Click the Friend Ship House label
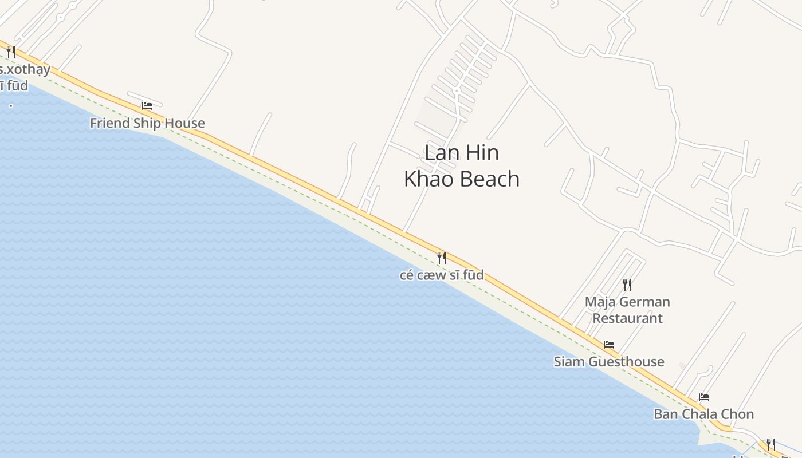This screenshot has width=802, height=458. point(147,123)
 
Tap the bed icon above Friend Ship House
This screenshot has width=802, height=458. point(147,106)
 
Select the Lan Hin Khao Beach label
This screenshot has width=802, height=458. point(462,165)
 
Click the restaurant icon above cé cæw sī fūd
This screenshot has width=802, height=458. point(442,258)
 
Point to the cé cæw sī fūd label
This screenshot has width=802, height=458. point(442,275)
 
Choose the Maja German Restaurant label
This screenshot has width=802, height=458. point(627,310)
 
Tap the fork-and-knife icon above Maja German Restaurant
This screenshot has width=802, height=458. point(627,285)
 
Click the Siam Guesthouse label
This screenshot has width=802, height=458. point(609,362)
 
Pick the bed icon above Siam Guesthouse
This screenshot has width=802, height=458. point(609,345)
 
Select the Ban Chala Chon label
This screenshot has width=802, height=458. point(704,414)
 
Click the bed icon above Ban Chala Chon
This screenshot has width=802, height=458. point(704,397)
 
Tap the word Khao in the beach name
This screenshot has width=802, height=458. point(429,179)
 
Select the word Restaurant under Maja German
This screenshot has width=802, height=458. point(627,318)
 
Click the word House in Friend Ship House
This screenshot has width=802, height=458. point(184,123)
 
